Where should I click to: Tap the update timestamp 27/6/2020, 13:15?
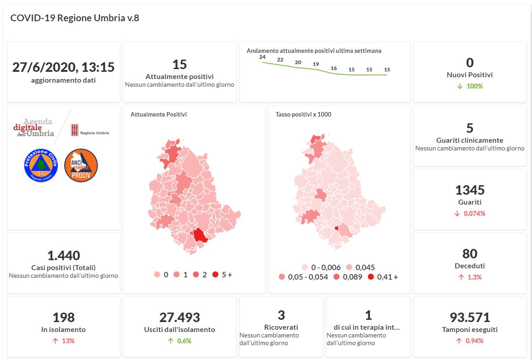coord(63,67)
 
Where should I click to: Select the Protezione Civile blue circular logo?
coord(41,165)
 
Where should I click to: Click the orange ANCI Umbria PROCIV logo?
coord(81,165)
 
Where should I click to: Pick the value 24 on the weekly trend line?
coord(262,57)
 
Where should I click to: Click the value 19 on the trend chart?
coord(316,64)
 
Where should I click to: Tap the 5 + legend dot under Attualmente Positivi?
coord(215,275)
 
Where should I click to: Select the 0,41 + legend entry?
coord(371,277)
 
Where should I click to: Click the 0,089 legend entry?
coord(337,277)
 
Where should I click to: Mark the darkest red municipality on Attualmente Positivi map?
coord(199,235)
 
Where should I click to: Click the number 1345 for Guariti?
coord(470,190)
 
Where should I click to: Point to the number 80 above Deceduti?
coord(470,254)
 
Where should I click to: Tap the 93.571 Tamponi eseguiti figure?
coord(470,318)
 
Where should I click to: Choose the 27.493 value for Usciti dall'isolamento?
coord(179,318)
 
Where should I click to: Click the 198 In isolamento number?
coord(63,318)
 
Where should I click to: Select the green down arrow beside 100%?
coord(460,86)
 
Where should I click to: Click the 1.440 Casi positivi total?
coord(63,256)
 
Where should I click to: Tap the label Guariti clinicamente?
coord(470,140)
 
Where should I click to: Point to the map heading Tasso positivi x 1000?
coord(303,115)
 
